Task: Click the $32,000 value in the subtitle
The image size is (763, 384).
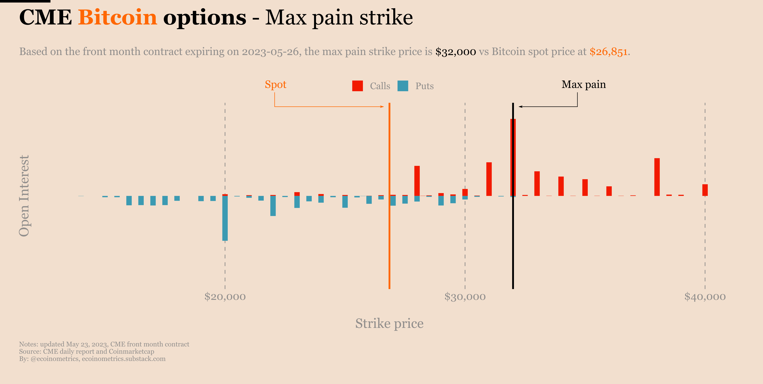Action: point(455,52)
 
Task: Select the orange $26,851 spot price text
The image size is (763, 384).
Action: point(608,52)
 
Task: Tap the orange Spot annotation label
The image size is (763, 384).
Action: point(275,85)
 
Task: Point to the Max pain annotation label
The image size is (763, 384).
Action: point(584,85)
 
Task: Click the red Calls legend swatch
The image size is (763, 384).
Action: point(357,86)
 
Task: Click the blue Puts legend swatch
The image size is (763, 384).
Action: point(403,86)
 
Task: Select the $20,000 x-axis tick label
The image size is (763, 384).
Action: point(225,297)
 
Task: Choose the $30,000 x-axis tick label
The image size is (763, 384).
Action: point(465,297)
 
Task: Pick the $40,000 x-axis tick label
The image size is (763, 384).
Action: point(705,297)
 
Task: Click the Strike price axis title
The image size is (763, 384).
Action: point(389,323)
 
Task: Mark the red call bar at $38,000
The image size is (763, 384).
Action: point(657,177)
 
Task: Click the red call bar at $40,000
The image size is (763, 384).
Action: point(705,190)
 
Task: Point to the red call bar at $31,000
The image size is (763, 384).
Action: point(489,179)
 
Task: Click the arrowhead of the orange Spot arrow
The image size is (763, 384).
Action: point(382,107)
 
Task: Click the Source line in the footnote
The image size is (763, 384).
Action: point(86,351)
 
